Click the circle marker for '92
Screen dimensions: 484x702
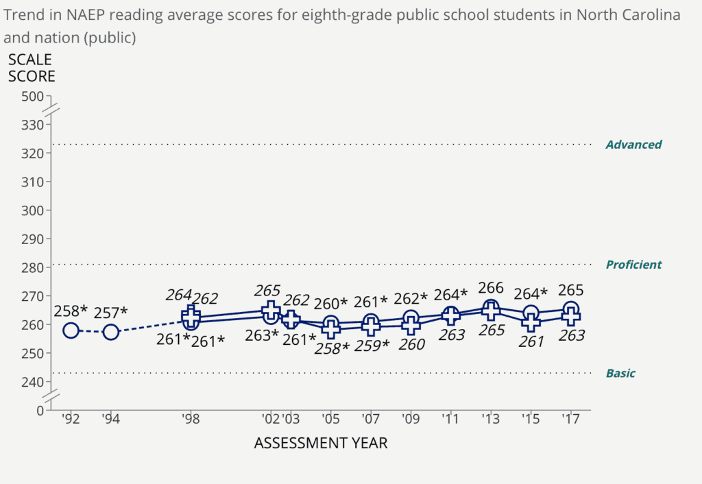(x=71, y=330)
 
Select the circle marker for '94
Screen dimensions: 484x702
(x=111, y=332)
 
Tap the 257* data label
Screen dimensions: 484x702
(x=111, y=312)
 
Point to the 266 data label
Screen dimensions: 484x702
(x=491, y=288)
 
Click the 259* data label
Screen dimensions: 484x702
(x=371, y=345)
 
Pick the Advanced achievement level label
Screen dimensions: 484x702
(x=633, y=145)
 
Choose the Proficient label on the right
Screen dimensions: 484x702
(x=633, y=265)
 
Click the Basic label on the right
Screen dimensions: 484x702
(x=620, y=374)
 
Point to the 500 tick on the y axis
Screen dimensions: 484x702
(x=32, y=96)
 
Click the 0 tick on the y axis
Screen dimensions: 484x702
(x=40, y=410)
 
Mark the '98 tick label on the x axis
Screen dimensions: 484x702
(x=191, y=420)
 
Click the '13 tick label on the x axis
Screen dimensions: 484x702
(x=491, y=420)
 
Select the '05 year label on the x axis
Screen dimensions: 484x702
(x=331, y=420)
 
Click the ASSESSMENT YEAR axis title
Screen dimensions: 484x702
(x=321, y=444)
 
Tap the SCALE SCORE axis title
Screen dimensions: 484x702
(x=32, y=68)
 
